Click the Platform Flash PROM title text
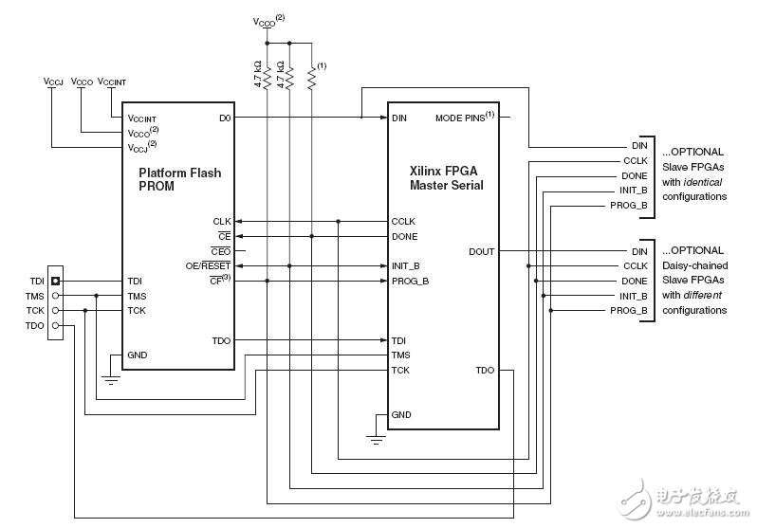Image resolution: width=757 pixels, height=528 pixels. tap(180, 180)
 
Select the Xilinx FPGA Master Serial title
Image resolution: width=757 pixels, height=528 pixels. tap(446, 177)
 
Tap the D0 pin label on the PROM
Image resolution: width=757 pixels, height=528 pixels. tap(224, 118)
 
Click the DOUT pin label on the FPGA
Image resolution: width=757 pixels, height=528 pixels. tap(481, 251)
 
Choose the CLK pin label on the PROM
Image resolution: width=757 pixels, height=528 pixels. tap(222, 221)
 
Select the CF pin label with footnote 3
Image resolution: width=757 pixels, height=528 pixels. tap(220, 281)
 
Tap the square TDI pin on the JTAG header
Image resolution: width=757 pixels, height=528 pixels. tap(56, 282)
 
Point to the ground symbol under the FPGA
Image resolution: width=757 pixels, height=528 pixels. tap(375, 439)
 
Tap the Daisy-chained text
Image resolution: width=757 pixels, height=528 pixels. tap(693, 265)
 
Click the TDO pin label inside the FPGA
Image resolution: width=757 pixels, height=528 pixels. tap(485, 370)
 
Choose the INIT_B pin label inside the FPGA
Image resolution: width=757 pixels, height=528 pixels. tap(406, 265)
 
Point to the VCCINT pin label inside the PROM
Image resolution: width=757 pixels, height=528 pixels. tap(143, 118)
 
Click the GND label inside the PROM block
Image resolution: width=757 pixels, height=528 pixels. tap(138, 355)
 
